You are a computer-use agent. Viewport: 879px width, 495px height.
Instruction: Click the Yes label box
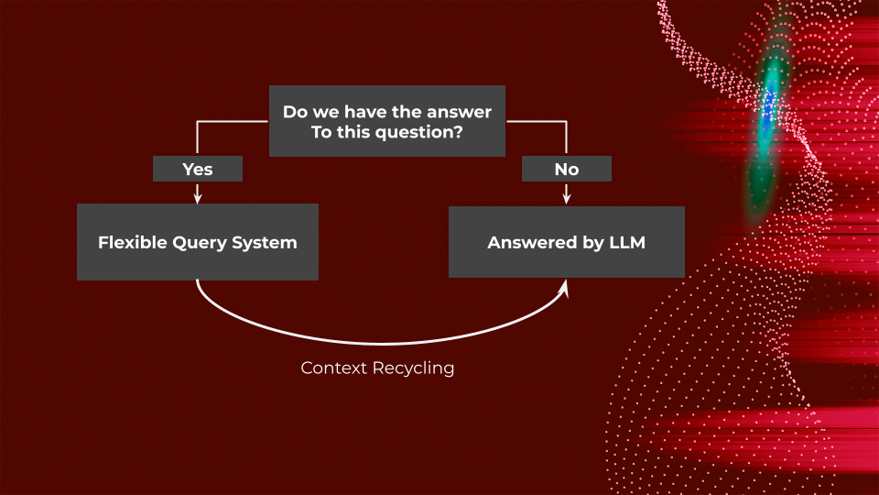pyautogui.click(x=198, y=169)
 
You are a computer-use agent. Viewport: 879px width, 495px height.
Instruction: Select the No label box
pyautogui.click(x=566, y=169)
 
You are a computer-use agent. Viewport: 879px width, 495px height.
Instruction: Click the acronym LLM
pyautogui.click(x=627, y=243)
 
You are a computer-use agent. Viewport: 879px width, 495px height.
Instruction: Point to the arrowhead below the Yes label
pyautogui.click(x=198, y=197)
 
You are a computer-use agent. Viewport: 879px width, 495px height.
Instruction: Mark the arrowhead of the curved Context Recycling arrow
pyautogui.click(x=564, y=288)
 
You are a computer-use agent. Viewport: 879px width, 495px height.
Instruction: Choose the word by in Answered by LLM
pyautogui.click(x=586, y=243)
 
